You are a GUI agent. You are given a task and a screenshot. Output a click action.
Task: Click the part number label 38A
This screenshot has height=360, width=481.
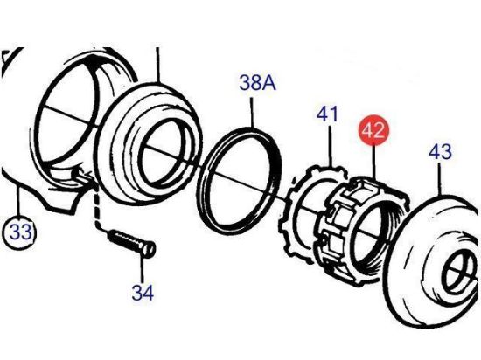point(258,82)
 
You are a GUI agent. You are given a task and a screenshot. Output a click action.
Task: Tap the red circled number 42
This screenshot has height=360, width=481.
point(373,129)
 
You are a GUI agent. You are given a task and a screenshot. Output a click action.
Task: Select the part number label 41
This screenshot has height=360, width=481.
point(327,114)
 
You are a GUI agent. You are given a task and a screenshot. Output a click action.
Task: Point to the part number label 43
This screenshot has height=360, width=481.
point(440,151)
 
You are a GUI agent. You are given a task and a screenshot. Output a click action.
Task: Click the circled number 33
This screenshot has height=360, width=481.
point(20,232)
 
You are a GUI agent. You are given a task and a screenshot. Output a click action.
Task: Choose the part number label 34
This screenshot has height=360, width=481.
point(143,293)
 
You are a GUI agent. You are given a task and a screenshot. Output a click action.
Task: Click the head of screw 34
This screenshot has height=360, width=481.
point(149,249)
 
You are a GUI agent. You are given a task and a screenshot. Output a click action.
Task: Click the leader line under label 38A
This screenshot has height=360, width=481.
point(252,112)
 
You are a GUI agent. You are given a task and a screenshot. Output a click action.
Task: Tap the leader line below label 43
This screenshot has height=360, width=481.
point(440,179)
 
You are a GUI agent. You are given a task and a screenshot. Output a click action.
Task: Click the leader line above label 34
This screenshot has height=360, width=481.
point(142,269)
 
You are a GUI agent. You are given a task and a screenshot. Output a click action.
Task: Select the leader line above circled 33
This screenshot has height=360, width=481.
point(18,202)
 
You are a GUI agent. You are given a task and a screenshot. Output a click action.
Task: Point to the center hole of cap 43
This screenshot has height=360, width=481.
point(457,273)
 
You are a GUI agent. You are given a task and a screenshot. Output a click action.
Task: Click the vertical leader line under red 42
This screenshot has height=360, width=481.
point(373,162)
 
